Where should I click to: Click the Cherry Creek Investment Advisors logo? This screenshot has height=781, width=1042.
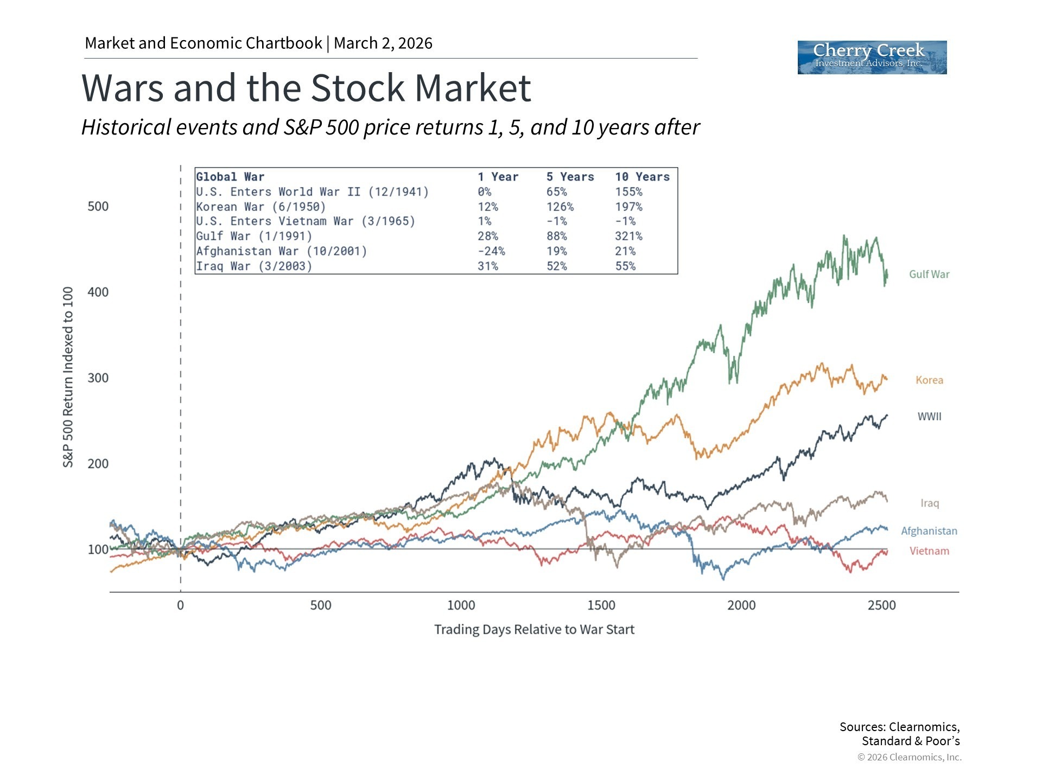pyautogui.click(x=872, y=57)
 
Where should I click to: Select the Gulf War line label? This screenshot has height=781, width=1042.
pyautogui.click(x=929, y=274)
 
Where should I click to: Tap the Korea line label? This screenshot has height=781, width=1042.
pyautogui.click(x=929, y=380)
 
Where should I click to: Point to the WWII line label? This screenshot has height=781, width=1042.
pyautogui.click(x=929, y=417)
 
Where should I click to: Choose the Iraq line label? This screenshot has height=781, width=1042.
pyautogui.click(x=929, y=503)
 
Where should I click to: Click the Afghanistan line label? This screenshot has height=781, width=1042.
pyautogui.click(x=929, y=531)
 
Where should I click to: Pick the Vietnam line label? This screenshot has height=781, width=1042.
pyautogui.click(x=929, y=551)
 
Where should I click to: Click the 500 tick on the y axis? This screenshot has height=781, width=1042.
pyautogui.click(x=98, y=207)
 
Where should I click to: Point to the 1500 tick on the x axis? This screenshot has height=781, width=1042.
pyautogui.click(x=601, y=605)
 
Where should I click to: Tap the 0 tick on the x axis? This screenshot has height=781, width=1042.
pyautogui.click(x=180, y=605)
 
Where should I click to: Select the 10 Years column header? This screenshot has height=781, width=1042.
pyautogui.click(x=642, y=177)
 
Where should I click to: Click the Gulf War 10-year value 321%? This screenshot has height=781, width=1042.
pyautogui.click(x=628, y=236)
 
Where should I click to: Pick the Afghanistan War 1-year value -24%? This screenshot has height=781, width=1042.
pyautogui.click(x=491, y=251)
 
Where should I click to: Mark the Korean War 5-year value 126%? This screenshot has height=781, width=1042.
pyautogui.click(x=560, y=207)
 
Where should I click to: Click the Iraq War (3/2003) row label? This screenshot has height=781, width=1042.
pyautogui.click(x=254, y=266)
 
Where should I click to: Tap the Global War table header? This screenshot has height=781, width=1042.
pyautogui.click(x=230, y=177)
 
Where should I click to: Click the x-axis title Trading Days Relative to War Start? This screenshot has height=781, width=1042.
pyautogui.click(x=534, y=630)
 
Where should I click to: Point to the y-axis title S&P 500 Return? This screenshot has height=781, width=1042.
pyautogui.click(x=68, y=377)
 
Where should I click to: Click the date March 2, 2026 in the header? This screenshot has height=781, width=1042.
pyautogui.click(x=383, y=43)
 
